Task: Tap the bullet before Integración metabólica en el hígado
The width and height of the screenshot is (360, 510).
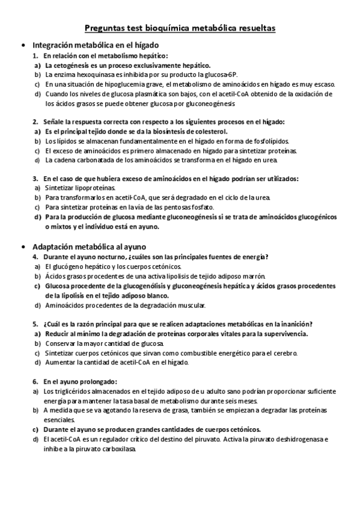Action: (23, 45)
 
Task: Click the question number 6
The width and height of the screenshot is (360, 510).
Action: (35, 382)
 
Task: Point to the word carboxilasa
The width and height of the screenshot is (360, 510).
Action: (120, 449)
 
